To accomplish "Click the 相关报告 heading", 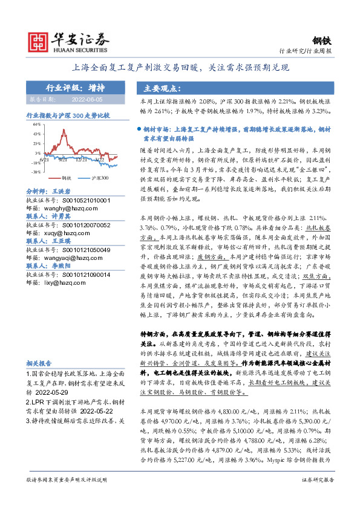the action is [x=42, y=363].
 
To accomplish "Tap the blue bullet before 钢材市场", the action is [x=140, y=129].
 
